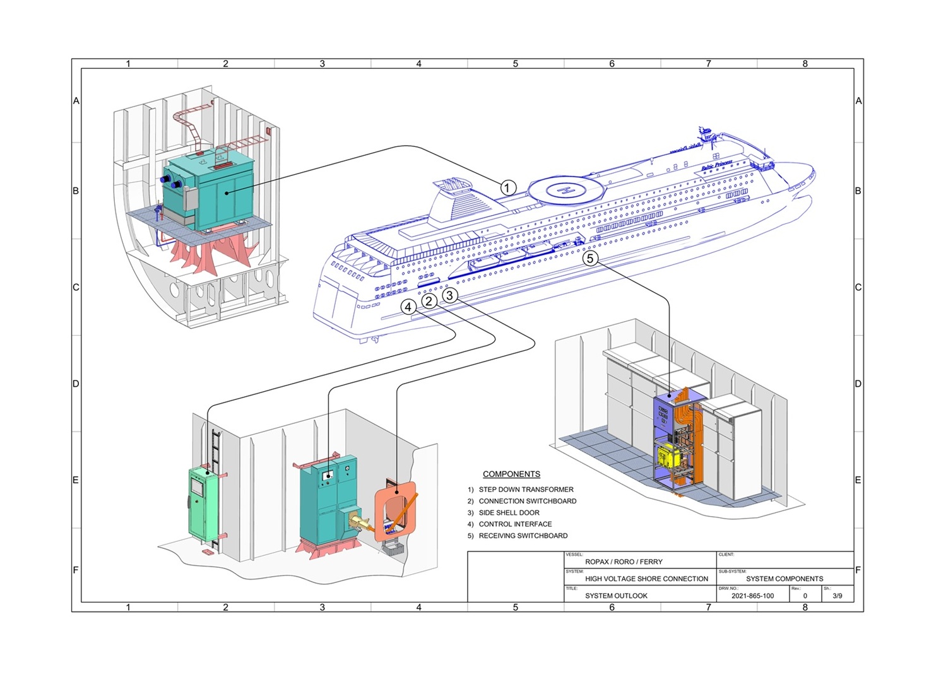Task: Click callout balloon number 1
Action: coord(508,187)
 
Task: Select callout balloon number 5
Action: coord(590,258)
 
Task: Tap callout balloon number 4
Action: coord(409,307)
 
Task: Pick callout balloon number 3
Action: coord(449,295)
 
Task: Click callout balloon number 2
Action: coord(429,301)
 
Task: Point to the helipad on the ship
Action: coord(566,189)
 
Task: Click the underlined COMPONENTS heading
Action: coord(511,474)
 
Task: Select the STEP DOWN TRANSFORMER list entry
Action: coord(526,490)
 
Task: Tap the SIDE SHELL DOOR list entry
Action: coord(509,513)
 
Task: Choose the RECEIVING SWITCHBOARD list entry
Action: coord(523,536)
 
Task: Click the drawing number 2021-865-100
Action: coord(752,596)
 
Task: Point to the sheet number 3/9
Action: coord(837,596)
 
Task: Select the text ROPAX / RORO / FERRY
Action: coord(624,561)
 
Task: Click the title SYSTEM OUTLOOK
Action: coord(616,596)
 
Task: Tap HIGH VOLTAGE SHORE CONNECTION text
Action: coord(646,579)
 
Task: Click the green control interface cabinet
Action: coord(202,505)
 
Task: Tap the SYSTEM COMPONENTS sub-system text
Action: coord(784,579)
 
